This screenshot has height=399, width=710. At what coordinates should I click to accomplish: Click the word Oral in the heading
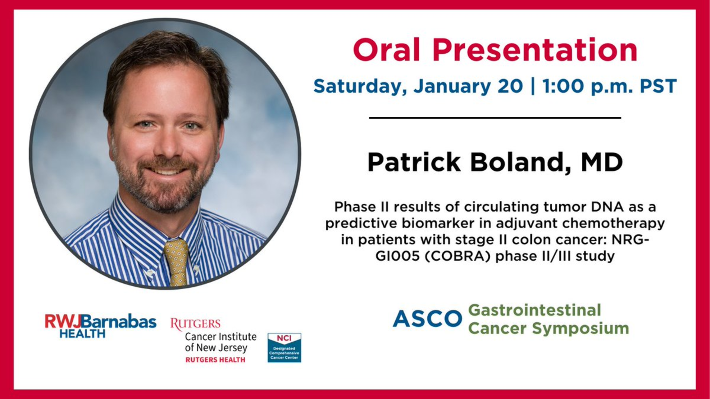click(x=387, y=50)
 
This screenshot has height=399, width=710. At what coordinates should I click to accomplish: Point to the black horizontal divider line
click(x=495, y=118)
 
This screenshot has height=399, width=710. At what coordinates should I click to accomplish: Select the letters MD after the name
click(x=602, y=162)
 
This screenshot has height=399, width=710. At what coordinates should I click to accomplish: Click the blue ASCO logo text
click(x=427, y=319)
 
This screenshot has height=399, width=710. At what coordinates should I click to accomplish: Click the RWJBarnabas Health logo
click(x=100, y=325)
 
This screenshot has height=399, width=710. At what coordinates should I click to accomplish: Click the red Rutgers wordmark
click(x=195, y=324)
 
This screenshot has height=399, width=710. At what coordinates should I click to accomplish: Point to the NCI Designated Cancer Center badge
click(x=284, y=347)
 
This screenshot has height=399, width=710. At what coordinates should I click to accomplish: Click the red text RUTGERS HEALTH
click(x=215, y=360)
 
